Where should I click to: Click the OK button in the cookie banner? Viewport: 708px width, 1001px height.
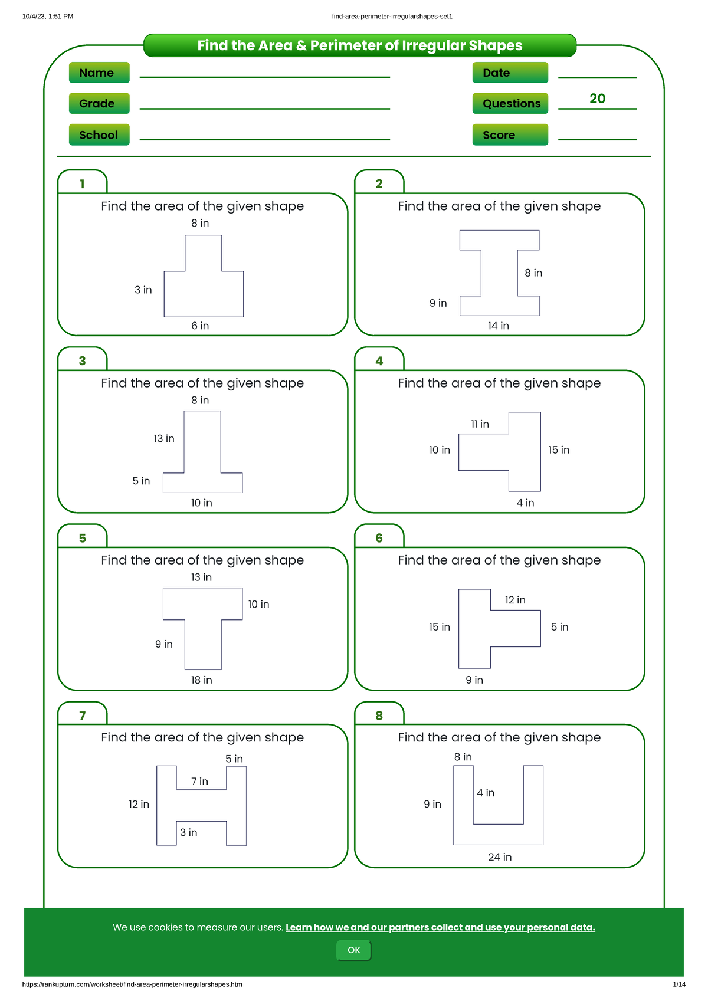coord(353,950)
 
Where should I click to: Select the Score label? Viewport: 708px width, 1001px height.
coord(510,135)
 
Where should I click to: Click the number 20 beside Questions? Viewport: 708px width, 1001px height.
coord(597,99)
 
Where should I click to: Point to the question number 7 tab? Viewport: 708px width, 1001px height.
coord(83,716)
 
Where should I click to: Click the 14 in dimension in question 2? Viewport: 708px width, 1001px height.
coord(498,326)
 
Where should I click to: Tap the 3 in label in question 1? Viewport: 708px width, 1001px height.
coord(143,290)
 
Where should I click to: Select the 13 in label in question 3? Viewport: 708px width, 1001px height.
coord(164,438)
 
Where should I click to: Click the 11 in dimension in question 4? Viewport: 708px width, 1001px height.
coord(480,424)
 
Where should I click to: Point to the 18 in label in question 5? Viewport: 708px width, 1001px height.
coord(201,680)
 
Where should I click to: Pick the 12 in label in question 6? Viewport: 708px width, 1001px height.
coord(514,600)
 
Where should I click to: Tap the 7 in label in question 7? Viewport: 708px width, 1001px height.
coord(199,782)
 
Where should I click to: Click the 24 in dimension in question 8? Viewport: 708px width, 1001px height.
coord(500,857)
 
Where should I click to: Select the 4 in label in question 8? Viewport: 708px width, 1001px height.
coord(486,793)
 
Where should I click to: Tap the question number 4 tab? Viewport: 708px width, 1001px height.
coord(379,361)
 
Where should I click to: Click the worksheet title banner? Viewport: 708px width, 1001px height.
coord(360,45)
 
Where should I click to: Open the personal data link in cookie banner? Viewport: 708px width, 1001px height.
coord(440,927)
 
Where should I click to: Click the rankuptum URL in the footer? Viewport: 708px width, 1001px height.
coord(132,984)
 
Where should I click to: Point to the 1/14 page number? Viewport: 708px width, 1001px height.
coord(678,984)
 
